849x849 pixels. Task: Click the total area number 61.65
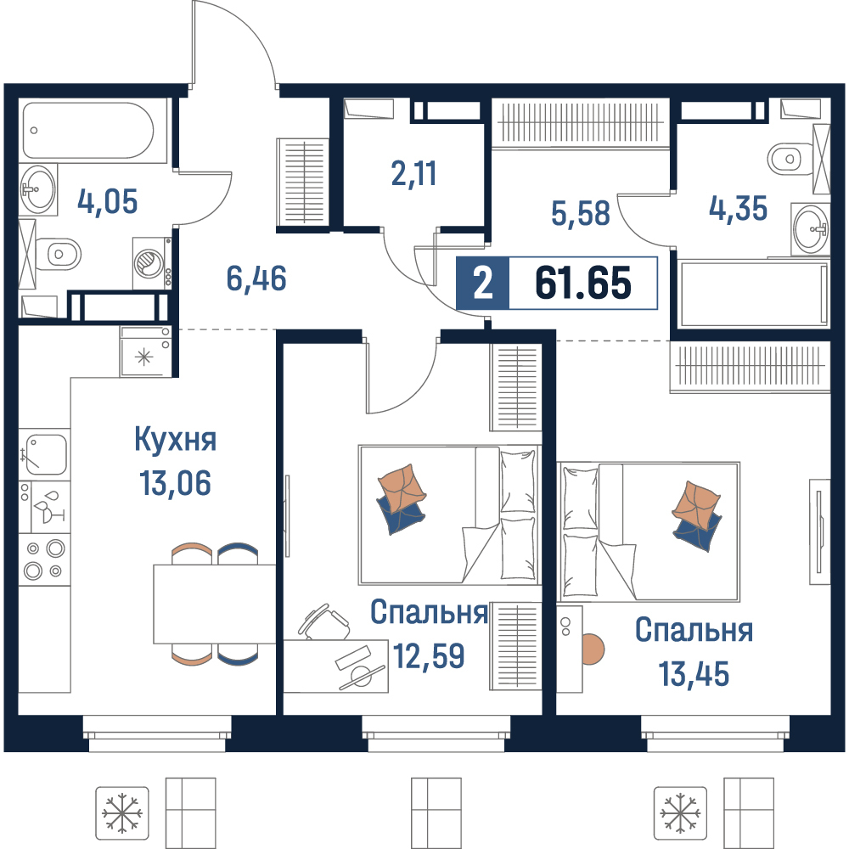[582, 284]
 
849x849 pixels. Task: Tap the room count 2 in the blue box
[482, 284]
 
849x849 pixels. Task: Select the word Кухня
[176, 439]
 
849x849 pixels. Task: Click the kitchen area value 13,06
[176, 482]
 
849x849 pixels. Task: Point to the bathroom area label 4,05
[107, 201]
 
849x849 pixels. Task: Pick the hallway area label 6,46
[256, 278]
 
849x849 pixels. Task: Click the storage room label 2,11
[413, 174]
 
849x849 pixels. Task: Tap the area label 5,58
[581, 213]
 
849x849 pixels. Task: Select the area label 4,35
[738, 209]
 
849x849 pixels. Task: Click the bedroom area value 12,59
[428, 655]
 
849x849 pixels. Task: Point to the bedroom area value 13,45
[694, 674]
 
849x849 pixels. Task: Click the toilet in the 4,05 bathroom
[58, 253]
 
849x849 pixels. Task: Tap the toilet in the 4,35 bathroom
[790, 159]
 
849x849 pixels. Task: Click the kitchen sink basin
[46, 453]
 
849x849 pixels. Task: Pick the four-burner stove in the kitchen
[44, 559]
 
